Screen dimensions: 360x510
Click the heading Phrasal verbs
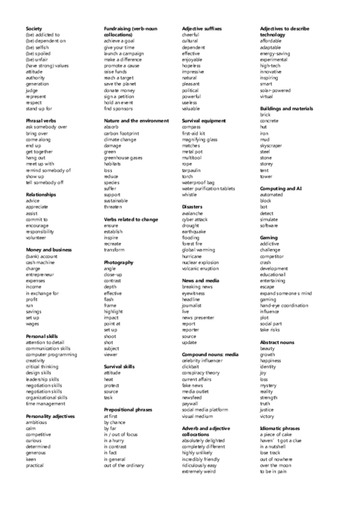(x=41, y=121)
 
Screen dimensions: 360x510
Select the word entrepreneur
(x=41, y=275)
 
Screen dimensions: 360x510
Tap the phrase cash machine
(x=41, y=262)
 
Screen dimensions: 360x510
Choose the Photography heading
(x=118, y=262)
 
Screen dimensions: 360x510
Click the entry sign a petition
(x=120, y=96)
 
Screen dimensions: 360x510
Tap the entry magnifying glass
(x=200, y=139)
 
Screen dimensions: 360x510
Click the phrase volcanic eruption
(x=200, y=268)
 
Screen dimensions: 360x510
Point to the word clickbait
(x=192, y=367)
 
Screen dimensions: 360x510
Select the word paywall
(x=191, y=404)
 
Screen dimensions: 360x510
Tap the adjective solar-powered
(x=275, y=90)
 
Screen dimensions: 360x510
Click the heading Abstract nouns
(x=277, y=342)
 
